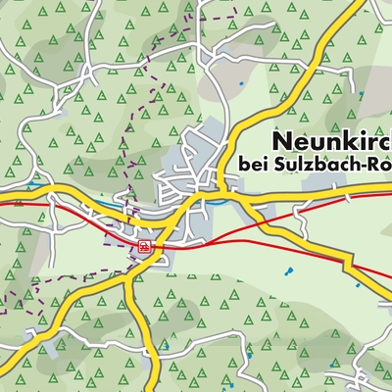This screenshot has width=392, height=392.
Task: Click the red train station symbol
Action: (x=144, y=246)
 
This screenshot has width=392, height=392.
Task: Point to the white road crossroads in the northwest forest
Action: (x=89, y=71)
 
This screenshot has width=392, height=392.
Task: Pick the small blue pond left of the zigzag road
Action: (x=357, y=285)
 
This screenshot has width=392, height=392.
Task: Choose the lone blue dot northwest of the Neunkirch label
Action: (x=242, y=84)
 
